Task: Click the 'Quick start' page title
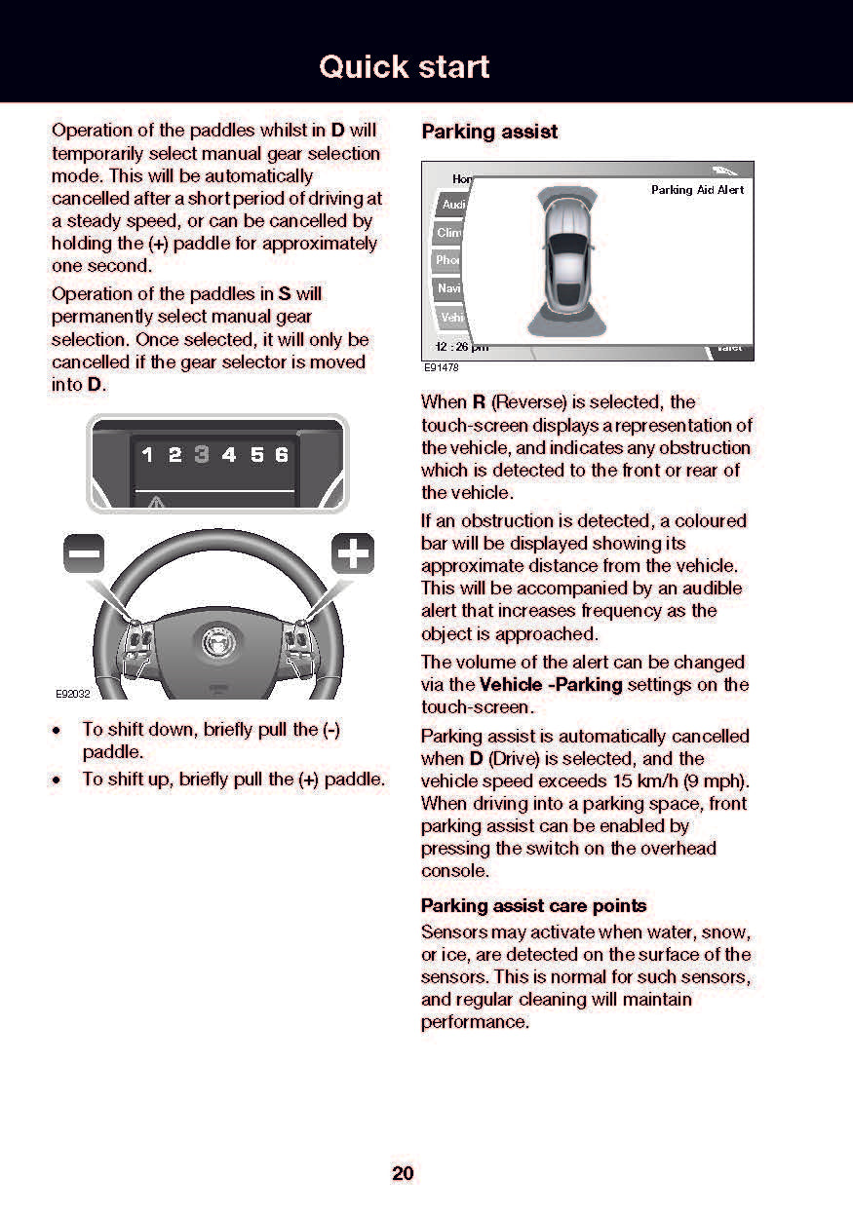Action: [x=405, y=67]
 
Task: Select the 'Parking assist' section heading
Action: [x=489, y=132]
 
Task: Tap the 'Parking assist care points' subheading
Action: [x=533, y=905]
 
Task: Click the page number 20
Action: [x=403, y=1173]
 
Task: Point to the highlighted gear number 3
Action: [x=202, y=455]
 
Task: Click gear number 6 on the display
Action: [x=282, y=455]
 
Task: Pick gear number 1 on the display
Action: [x=147, y=455]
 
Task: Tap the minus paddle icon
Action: [x=84, y=554]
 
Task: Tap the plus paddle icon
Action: [x=353, y=554]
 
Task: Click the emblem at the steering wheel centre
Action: [x=215, y=642]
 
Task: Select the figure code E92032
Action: [x=71, y=694]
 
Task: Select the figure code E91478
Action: [x=441, y=368]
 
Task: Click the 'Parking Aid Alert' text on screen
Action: [x=697, y=190]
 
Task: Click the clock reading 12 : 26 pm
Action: [x=461, y=347]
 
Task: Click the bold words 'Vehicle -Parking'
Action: [x=551, y=684]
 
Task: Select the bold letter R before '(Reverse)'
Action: [x=479, y=401]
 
